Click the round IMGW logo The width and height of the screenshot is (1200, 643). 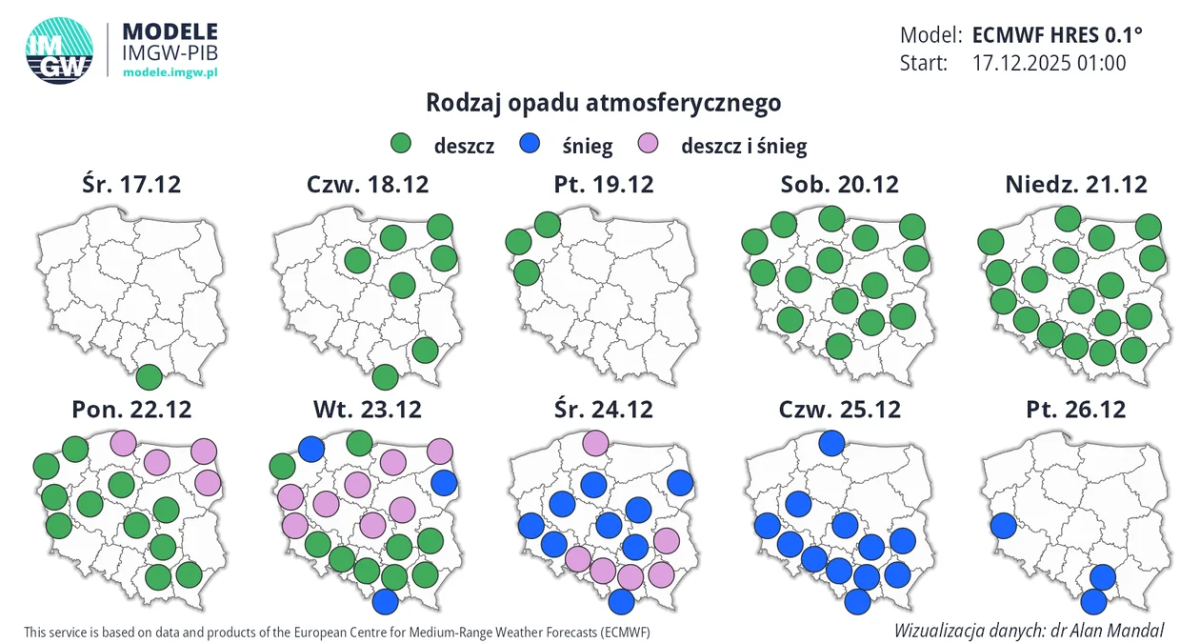[59, 50]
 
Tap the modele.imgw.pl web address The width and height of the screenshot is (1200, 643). [171, 72]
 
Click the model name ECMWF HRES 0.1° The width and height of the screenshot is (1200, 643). [1056, 35]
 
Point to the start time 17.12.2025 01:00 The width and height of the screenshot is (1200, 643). [1049, 64]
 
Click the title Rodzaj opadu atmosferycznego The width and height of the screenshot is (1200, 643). [603, 102]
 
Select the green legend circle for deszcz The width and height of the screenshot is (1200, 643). [401, 145]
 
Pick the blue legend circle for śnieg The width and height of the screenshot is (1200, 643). [530, 145]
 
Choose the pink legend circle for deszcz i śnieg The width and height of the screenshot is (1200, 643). [649, 145]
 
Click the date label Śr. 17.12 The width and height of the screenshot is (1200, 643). [130, 184]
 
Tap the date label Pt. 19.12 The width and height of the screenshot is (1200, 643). [604, 184]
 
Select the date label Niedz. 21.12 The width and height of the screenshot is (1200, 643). [1075, 184]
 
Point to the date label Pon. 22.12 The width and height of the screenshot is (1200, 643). [131, 410]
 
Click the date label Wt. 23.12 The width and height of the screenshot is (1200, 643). [367, 410]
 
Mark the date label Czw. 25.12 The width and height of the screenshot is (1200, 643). [839, 410]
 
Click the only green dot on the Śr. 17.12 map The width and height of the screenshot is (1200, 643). [149, 377]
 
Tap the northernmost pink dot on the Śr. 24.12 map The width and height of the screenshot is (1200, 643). [595, 442]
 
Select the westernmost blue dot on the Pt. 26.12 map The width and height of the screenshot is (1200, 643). [1003, 525]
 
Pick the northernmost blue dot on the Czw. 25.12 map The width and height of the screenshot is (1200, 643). [831, 442]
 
